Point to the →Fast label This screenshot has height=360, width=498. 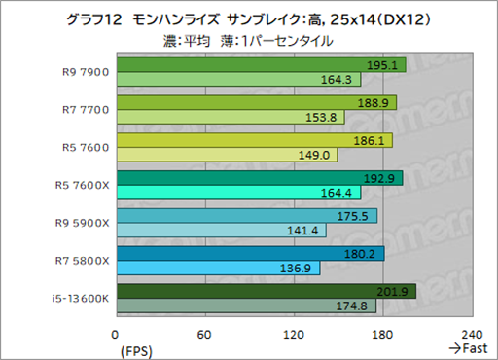[466, 347]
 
